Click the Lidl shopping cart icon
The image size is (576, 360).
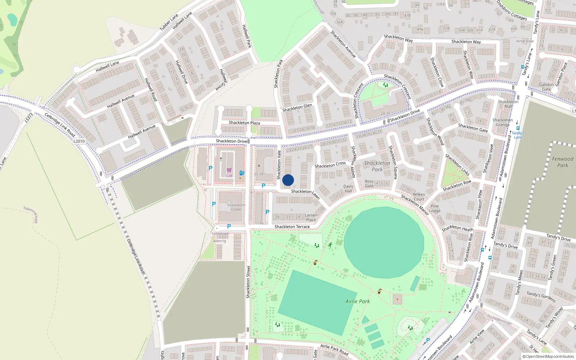[229, 170]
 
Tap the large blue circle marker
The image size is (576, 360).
[288, 180]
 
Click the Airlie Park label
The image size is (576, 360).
[357, 301]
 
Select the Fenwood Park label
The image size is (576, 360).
[563, 162]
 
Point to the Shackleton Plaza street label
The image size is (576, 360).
[244, 123]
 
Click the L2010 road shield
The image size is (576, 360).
[79, 141]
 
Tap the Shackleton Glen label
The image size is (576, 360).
[297, 108]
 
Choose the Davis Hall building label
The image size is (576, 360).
[348, 189]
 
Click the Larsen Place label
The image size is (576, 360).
[311, 217]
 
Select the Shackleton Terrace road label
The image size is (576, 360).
[292, 227]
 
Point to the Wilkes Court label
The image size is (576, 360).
[419, 197]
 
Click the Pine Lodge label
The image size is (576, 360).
[435, 208]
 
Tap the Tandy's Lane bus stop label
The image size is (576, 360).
[518, 135]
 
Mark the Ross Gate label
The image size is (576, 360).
[369, 184]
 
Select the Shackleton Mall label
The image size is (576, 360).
[508, 104]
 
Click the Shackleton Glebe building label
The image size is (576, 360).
[236, 207]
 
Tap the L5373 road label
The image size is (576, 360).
[28, 118]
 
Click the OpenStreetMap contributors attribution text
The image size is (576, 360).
[550, 357]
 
